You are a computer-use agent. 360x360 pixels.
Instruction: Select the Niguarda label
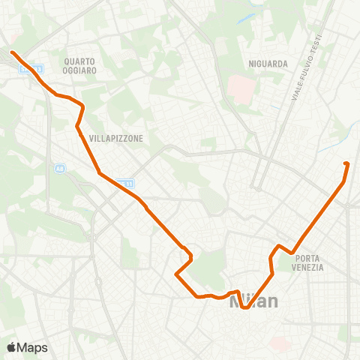268,64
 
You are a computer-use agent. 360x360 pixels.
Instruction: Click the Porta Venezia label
309,262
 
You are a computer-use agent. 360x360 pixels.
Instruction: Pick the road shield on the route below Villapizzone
128,183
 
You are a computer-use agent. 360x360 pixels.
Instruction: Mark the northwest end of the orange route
13,52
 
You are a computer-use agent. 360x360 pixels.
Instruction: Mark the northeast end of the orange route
346,163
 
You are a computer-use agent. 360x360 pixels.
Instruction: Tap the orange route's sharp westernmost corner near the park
177,274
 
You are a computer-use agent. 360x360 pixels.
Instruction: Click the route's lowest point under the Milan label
244,307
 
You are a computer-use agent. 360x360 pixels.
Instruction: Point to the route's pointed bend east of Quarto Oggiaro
82,107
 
